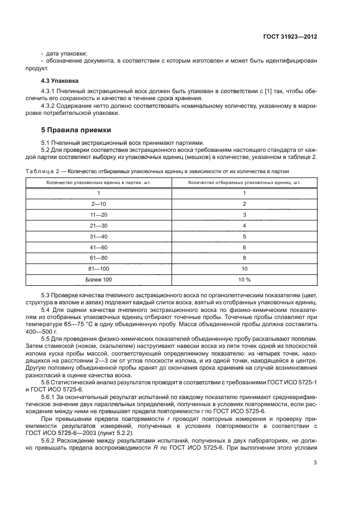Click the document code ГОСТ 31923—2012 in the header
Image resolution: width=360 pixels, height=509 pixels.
[x=291, y=36]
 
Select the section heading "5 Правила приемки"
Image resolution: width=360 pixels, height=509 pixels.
[x=76, y=130]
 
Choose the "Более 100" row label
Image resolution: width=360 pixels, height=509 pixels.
[x=99, y=279]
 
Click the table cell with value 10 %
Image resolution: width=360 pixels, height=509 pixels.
[x=244, y=279]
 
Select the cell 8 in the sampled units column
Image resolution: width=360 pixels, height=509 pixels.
[x=244, y=257]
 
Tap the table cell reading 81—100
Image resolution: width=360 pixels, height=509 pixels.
[x=99, y=268]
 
